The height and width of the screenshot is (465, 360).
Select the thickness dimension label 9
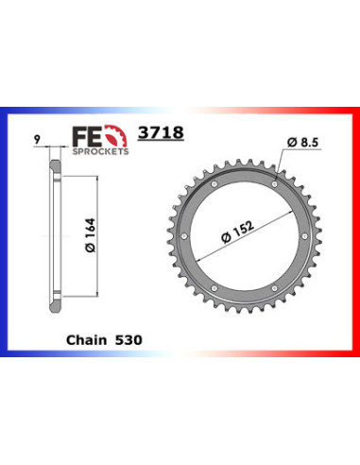coord(37,143)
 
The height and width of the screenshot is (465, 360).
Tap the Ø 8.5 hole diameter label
coord(301,144)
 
